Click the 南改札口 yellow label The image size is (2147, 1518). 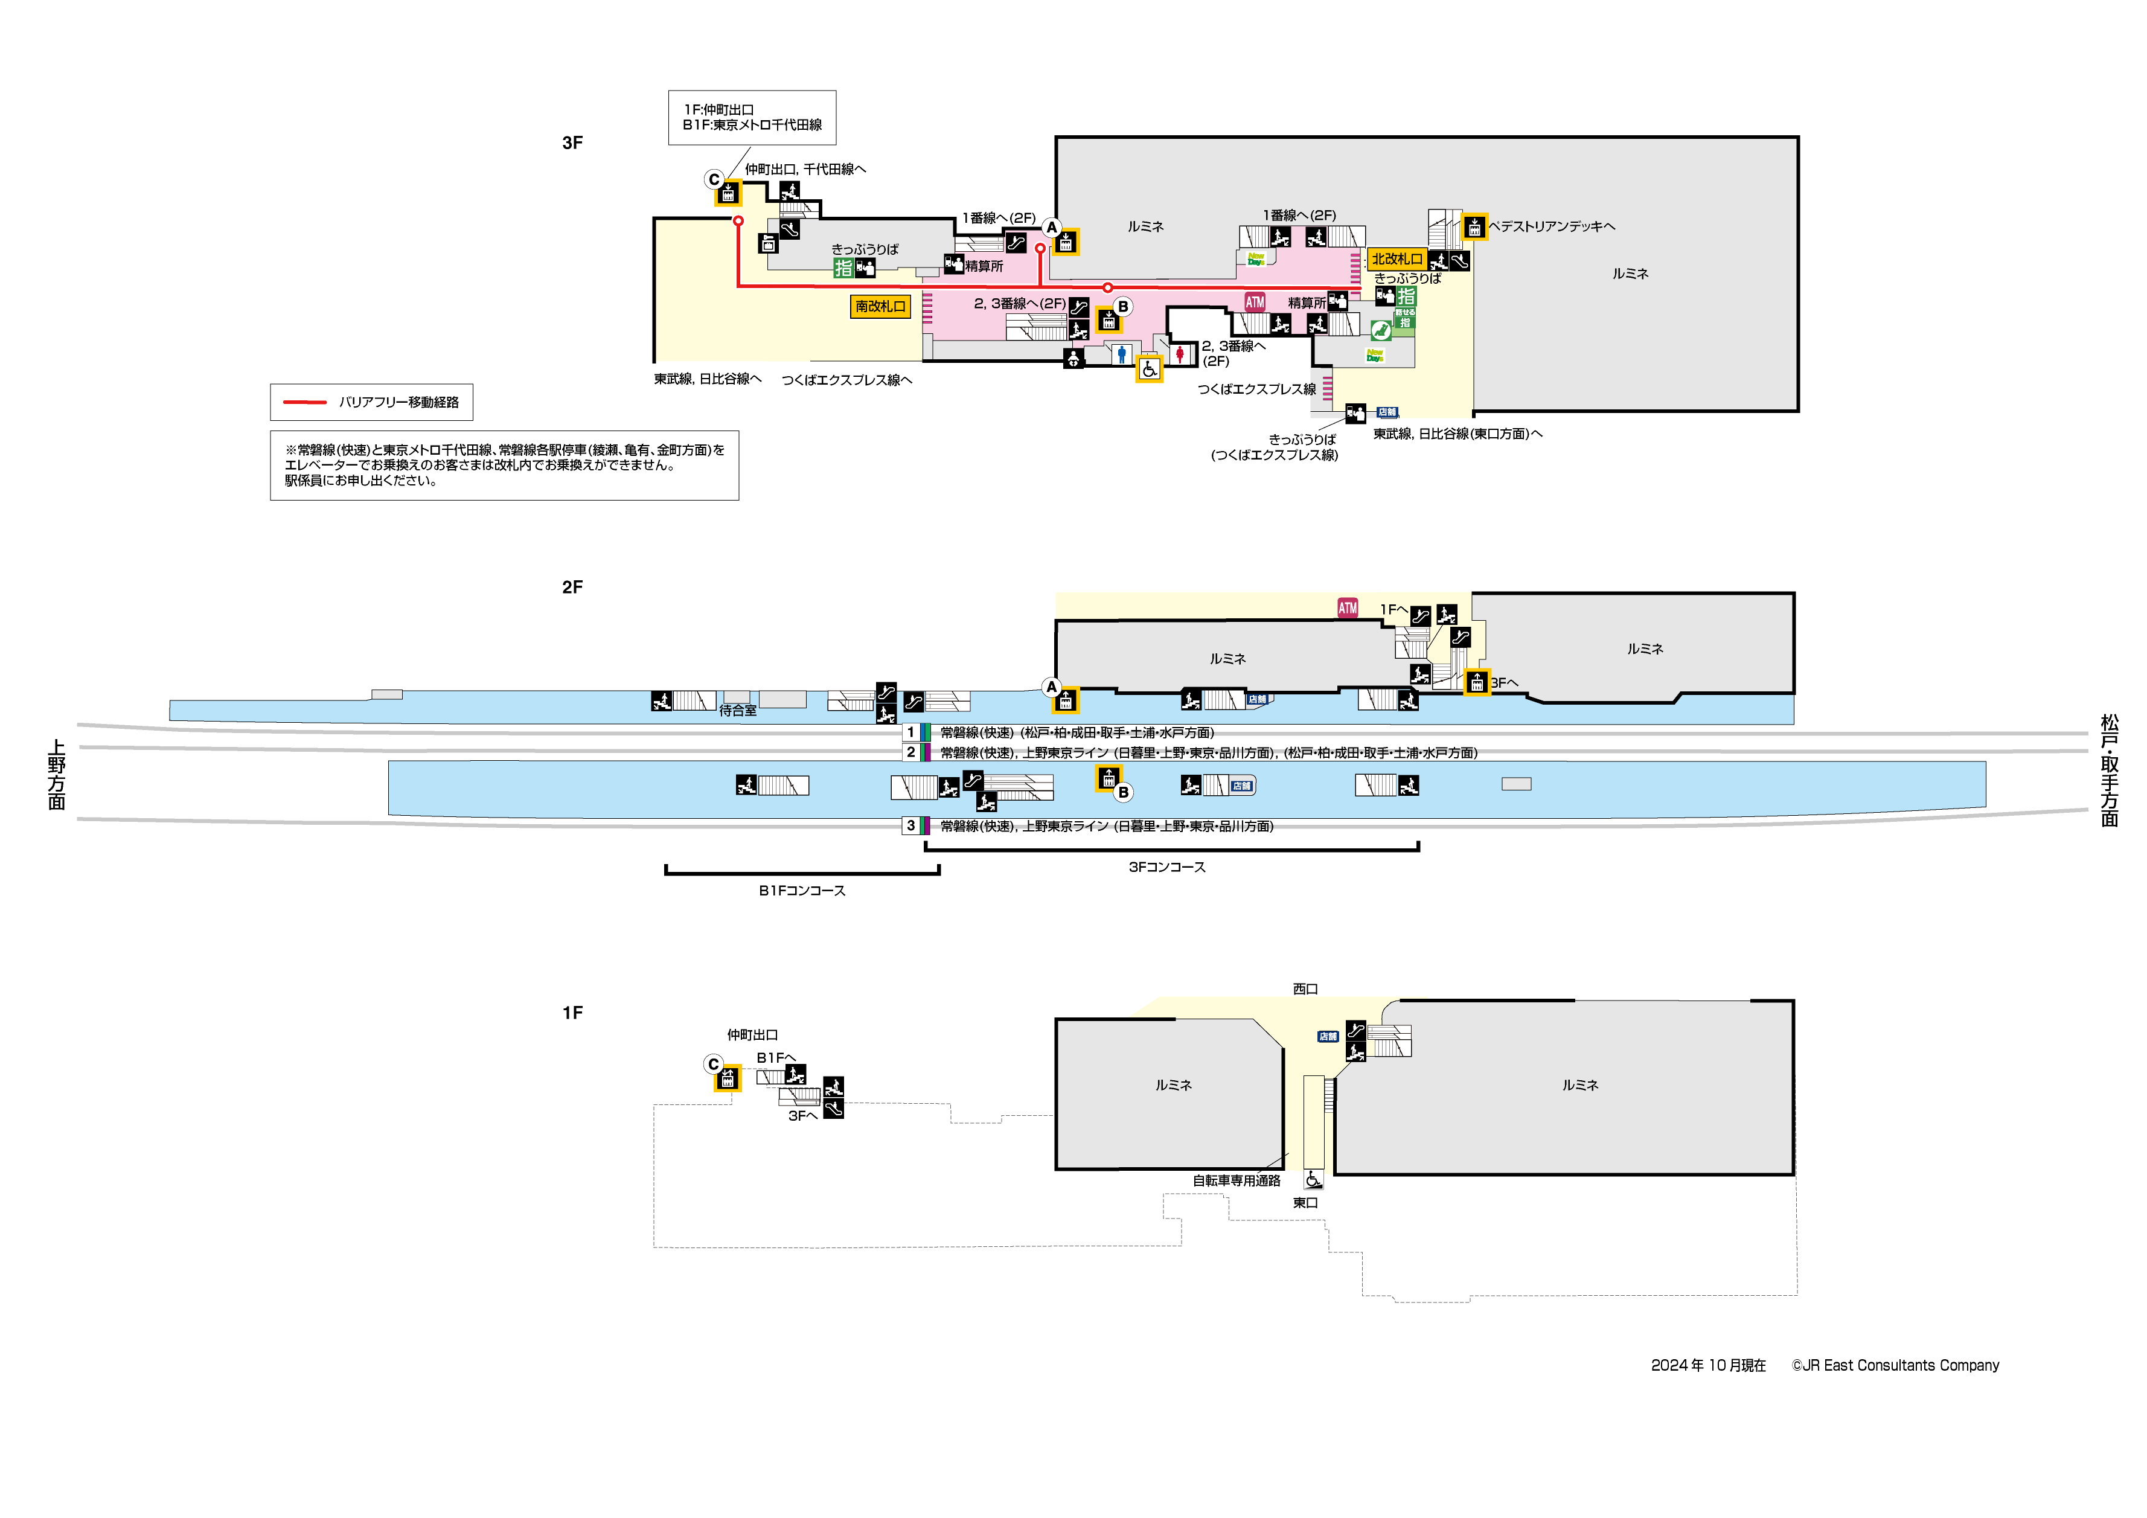pos(879,306)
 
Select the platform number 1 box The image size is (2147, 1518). pos(910,732)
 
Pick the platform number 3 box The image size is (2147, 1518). pos(910,826)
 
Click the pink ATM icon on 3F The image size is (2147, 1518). pos(1254,302)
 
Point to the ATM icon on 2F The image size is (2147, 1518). pos(1346,608)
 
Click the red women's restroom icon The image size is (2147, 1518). pos(1180,354)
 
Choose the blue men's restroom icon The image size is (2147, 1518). pos(1121,354)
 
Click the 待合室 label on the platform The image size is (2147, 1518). pos(738,711)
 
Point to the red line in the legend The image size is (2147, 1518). pos(305,402)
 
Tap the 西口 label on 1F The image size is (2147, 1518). pos(1305,988)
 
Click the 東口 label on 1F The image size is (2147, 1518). pos(1305,1203)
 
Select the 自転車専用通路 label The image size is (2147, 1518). pos(1236,1181)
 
